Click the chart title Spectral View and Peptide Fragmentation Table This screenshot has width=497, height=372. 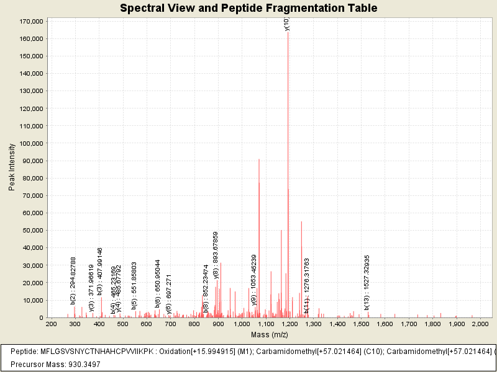(x=248, y=8)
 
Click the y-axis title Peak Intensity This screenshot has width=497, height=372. (x=12, y=167)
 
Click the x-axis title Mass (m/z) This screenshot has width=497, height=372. (x=270, y=335)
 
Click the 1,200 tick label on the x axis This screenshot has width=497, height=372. (x=289, y=324)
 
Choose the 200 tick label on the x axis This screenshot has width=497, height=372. (x=51, y=324)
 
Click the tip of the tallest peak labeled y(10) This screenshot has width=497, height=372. (x=288, y=32)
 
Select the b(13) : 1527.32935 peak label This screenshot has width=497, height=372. (x=367, y=282)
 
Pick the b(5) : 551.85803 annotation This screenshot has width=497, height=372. (x=134, y=286)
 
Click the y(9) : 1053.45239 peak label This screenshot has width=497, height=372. (x=253, y=280)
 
